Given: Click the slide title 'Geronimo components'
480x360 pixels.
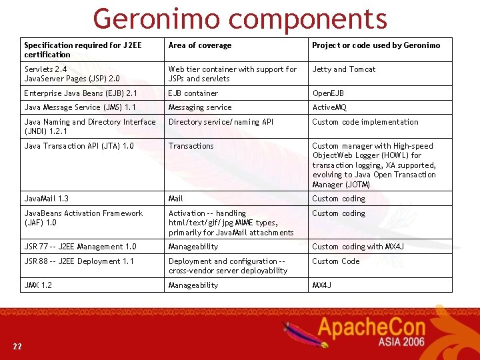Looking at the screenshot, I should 240,19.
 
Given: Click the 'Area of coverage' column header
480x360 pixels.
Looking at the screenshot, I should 200,45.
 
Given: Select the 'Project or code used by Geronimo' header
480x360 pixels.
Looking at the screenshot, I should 376,45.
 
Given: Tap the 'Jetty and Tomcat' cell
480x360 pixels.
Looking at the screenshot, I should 344,69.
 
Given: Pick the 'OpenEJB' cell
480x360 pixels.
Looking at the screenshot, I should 328,93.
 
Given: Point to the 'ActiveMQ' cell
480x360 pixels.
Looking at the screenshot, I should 329,107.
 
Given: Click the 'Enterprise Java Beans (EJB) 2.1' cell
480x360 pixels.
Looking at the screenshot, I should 81,93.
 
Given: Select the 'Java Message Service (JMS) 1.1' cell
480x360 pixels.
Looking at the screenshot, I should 80,107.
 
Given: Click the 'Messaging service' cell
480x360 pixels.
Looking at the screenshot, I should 200,107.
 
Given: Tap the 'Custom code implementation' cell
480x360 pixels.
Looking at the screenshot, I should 365,122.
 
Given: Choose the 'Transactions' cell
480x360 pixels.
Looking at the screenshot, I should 191,146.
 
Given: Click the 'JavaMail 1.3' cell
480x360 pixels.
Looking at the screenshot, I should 47,199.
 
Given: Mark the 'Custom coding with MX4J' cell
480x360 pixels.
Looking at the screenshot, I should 358,247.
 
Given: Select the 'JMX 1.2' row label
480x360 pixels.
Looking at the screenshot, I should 38,285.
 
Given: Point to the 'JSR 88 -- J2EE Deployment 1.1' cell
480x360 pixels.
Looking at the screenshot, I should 79,261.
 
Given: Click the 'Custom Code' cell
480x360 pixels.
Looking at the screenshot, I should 336,261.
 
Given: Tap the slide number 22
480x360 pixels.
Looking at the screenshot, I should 17,346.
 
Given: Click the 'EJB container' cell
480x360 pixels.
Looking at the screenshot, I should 193,93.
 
